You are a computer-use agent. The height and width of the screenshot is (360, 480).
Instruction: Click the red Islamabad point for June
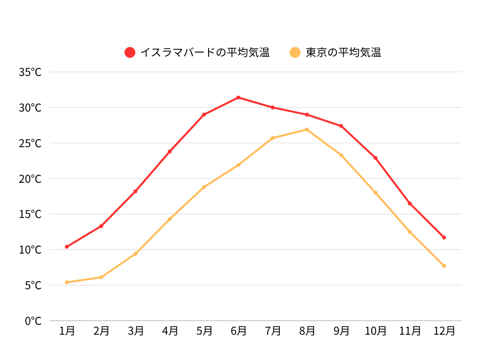click(x=238, y=97)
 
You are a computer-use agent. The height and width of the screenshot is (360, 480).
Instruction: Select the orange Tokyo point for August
click(x=307, y=129)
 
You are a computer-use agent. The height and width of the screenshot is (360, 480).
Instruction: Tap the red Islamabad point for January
click(x=67, y=247)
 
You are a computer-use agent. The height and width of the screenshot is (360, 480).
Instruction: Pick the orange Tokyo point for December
click(x=444, y=266)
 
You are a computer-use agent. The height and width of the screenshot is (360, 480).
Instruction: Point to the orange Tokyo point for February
click(x=101, y=277)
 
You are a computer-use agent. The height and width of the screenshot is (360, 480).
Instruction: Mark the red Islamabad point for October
click(x=375, y=158)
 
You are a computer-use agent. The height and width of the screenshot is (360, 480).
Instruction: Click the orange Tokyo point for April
click(x=170, y=219)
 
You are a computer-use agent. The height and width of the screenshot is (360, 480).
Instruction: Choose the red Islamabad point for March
click(x=135, y=191)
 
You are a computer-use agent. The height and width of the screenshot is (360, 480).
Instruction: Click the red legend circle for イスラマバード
click(x=130, y=52)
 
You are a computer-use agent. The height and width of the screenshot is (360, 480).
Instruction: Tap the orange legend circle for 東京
click(x=295, y=52)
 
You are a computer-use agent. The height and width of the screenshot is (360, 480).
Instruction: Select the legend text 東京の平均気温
click(x=343, y=52)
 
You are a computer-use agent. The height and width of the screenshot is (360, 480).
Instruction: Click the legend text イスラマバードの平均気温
click(x=205, y=52)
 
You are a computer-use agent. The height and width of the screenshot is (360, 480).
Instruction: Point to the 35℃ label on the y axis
click(x=30, y=72)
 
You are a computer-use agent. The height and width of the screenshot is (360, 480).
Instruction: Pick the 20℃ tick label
click(x=30, y=179)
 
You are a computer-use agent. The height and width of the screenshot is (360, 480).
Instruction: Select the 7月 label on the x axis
click(x=272, y=331)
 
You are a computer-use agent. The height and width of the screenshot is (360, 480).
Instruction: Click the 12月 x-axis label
click(x=444, y=331)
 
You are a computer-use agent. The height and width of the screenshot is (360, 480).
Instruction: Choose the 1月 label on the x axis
click(x=67, y=331)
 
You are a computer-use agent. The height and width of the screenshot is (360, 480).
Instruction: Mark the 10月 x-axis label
click(x=375, y=331)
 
